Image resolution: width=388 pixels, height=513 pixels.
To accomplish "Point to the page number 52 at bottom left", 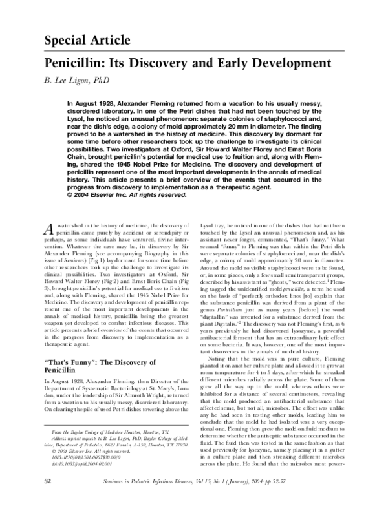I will pyautogui.click(x=48, y=499).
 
